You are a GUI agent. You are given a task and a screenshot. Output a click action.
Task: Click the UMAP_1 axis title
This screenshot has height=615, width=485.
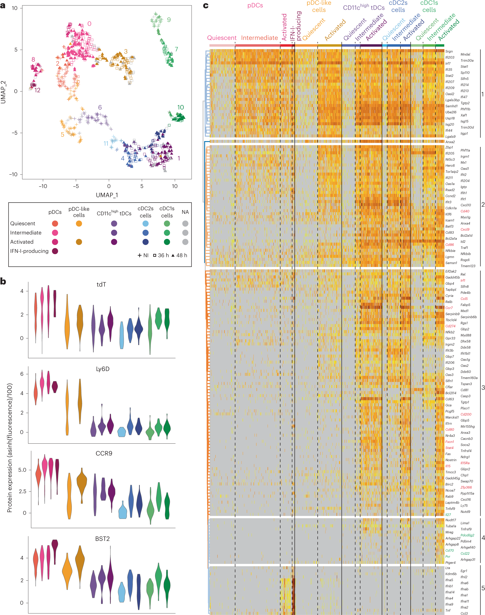(x=107, y=195)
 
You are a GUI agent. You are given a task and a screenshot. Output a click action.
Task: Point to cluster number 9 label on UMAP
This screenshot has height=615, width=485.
(x=169, y=20)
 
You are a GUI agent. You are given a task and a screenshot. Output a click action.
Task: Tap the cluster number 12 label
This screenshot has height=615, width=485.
(x=37, y=90)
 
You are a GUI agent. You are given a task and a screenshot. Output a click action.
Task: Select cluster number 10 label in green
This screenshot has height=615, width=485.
(x=180, y=107)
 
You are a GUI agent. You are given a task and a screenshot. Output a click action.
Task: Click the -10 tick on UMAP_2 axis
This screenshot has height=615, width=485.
(x=13, y=174)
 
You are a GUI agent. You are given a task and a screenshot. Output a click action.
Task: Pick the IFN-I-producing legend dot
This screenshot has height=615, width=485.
(x=55, y=251)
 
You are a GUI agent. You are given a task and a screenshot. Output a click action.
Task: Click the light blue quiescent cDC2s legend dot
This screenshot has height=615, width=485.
(x=145, y=224)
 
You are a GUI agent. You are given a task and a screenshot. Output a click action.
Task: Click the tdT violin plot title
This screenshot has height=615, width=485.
(x=101, y=284)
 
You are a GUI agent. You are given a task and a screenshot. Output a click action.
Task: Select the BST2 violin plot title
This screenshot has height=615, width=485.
(x=102, y=539)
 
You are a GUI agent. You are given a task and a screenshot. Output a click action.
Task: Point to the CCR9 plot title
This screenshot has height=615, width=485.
(x=104, y=453)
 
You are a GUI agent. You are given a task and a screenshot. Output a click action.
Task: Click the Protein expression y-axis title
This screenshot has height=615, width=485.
(x=10, y=448)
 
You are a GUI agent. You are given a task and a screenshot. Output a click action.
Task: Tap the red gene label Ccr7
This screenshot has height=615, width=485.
(x=449, y=308)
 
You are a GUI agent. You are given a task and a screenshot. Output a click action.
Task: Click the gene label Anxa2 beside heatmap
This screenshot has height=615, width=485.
(x=450, y=142)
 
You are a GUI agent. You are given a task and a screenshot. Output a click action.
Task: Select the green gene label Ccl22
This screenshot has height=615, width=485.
(x=465, y=554)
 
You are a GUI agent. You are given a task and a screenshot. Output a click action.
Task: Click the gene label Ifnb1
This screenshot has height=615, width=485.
(x=449, y=586)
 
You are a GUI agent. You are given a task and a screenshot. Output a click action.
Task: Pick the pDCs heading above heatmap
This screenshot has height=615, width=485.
(x=255, y=5)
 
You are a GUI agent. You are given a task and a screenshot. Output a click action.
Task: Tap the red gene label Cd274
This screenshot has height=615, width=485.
(x=450, y=326)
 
